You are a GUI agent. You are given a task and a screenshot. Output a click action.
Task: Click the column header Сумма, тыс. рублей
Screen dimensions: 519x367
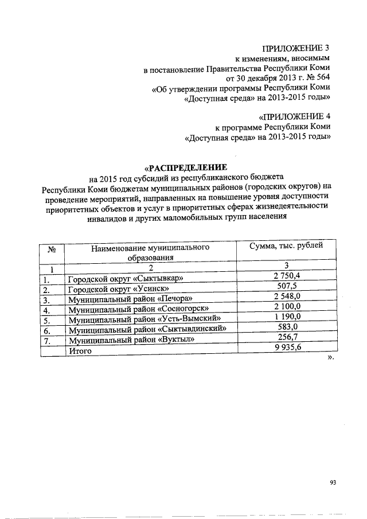coord(286,247)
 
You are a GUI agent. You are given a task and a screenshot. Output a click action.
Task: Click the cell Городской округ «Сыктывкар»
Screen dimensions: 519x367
coord(125,279)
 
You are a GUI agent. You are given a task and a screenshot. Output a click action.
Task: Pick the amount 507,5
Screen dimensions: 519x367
coord(287,287)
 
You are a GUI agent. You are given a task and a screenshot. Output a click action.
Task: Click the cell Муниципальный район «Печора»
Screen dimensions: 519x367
coord(130,300)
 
